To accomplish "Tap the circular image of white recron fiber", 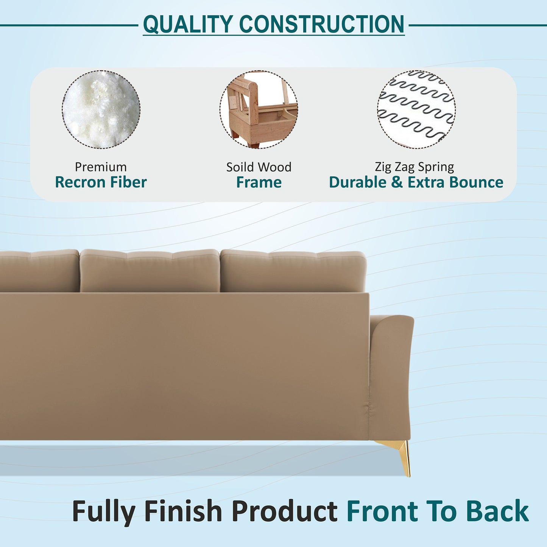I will (101, 109).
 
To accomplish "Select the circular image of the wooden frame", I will (259, 109).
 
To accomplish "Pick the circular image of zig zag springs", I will (416, 109).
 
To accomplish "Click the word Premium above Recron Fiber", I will (101, 167).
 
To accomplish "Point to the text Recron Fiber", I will (101, 182).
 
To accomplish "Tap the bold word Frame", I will (259, 182).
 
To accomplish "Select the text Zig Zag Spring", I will (415, 167).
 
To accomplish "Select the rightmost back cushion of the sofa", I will (293, 271).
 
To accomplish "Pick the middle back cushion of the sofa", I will (150, 271).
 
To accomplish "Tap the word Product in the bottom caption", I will (284, 512).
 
